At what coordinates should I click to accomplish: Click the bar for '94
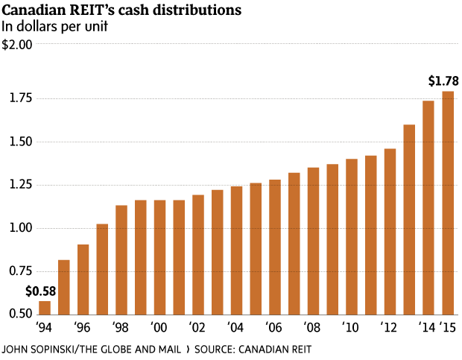click(45, 308)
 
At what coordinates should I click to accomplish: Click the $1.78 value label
click(443, 80)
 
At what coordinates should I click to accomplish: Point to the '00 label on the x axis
click(157, 327)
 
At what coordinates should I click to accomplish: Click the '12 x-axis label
click(388, 327)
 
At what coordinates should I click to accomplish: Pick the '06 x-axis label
click(273, 327)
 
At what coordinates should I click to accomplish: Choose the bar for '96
click(83, 280)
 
